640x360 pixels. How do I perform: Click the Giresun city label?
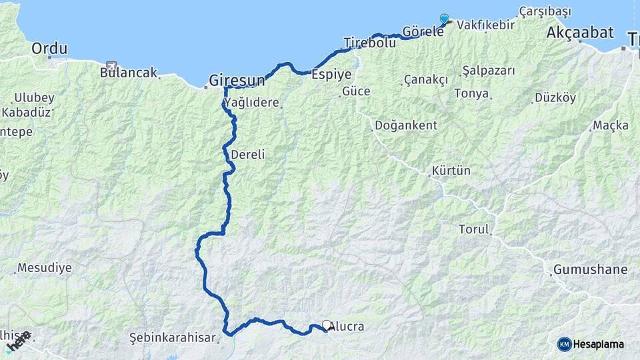[237, 80]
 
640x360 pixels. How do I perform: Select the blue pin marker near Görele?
[445, 19]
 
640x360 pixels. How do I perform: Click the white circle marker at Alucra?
[327, 325]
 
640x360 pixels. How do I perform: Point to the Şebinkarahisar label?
[173, 337]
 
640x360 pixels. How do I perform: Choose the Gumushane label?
[590, 269]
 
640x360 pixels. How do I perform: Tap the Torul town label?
[474, 229]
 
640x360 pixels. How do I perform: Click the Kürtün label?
[451, 171]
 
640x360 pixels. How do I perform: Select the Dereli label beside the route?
[248, 154]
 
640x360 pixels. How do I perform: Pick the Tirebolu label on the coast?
[369, 43]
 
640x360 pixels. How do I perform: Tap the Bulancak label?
[128, 72]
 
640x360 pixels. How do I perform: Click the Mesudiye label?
[44, 268]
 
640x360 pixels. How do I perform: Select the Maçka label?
[611, 125]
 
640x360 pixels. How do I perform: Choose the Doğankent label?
[406, 125]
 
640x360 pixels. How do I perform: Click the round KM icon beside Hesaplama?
[564, 344]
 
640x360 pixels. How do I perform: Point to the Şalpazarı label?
[489, 70]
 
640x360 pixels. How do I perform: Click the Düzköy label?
[555, 97]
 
